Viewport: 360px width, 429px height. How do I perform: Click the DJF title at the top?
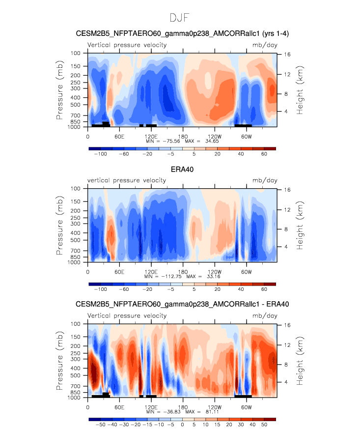(x=180, y=18)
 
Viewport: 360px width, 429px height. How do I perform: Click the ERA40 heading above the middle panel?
(x=182, y=170)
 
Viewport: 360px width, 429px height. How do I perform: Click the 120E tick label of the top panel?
(x=151, y=137)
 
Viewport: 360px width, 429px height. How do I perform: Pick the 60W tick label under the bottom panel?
(x=246, y=407)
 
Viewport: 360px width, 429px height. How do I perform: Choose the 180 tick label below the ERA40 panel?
(x=183, y=272)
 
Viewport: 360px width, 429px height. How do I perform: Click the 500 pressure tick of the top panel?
(x=76, y=105)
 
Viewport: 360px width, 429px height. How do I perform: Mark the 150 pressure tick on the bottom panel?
(x=76, y=337)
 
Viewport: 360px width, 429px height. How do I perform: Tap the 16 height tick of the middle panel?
(x=287, y=190)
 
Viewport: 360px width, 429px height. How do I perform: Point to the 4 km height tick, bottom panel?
(x=286, y=382)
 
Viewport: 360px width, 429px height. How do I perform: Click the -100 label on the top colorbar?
(x=100, y=154)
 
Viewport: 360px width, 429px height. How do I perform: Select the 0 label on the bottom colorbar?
(x=182, y=425)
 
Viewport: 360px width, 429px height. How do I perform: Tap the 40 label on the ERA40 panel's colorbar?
(x=241, y=289)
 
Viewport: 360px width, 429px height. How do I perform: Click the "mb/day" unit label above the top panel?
(x=265, y=45)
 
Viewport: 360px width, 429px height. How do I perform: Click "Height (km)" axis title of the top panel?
(x=300, y=90)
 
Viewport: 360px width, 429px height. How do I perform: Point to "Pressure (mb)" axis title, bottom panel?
(x=59, y=361)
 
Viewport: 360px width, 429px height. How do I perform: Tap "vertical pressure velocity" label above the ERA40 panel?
(x=127, y=180)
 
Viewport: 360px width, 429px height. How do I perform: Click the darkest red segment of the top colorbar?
(x=270, y=149)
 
